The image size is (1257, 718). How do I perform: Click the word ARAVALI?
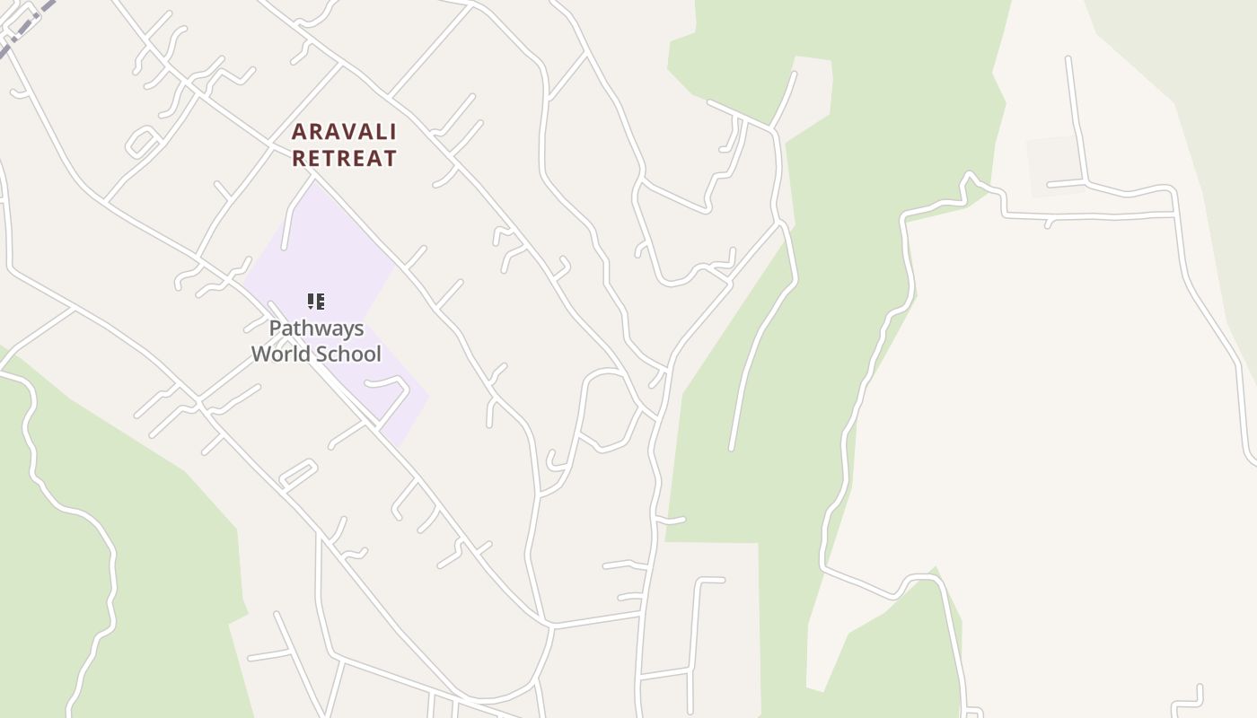click(344, 132)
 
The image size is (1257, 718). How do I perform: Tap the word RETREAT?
click(344, 159)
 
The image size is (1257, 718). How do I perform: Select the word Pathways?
click(316, 328)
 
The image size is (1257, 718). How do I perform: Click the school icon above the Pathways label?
click(315, 302)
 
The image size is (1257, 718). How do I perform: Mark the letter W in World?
click(261, 354)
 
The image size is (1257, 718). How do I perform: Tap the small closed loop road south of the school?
click(298, 473)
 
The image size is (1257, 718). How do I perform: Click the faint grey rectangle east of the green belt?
click(1056, 166)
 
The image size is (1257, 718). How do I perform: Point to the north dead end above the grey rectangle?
click(1068, 61)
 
